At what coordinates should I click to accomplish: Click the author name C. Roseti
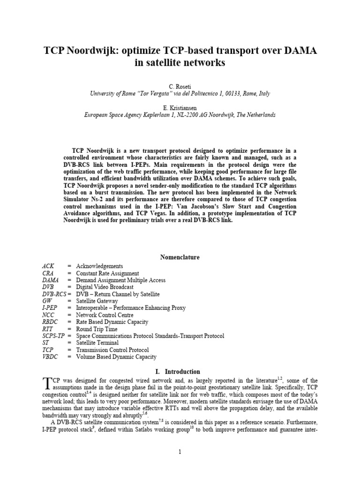pos(180,86)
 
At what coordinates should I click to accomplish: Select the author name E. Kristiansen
pos(180,107)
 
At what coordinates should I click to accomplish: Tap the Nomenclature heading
pos(180,257)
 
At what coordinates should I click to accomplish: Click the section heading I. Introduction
pos(180,372)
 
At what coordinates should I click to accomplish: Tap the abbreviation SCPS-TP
pos(53,336)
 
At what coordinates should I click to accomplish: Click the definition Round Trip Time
pos(97,329)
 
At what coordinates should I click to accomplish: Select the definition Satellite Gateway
pos(97,301)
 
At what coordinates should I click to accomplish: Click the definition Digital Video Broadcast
pos(105,287)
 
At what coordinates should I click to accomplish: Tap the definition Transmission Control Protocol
pos(112,350)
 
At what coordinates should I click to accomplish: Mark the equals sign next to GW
pos(69,301)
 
